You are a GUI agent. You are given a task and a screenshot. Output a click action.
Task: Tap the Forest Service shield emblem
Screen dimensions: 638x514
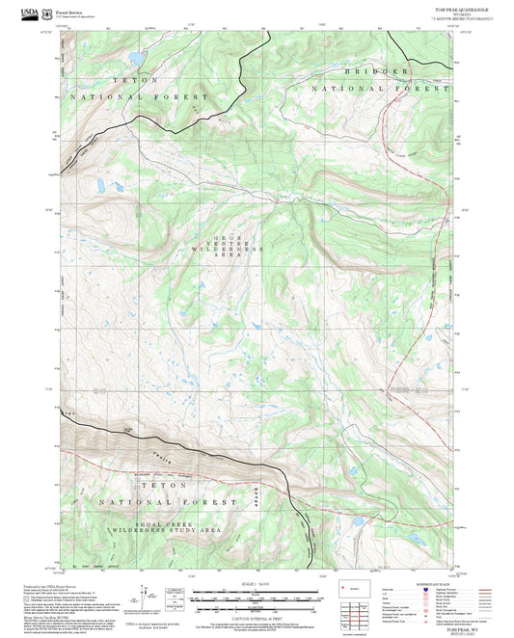pyautogui.click(x=48, y=11)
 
